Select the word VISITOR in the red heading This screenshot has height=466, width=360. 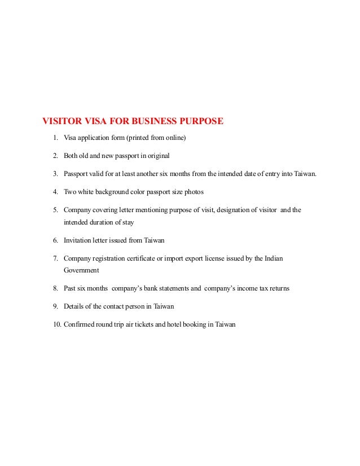click(x=62, y=121)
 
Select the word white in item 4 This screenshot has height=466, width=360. click(x=90, y=191)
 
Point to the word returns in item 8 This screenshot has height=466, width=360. click(x=278, y=288)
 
